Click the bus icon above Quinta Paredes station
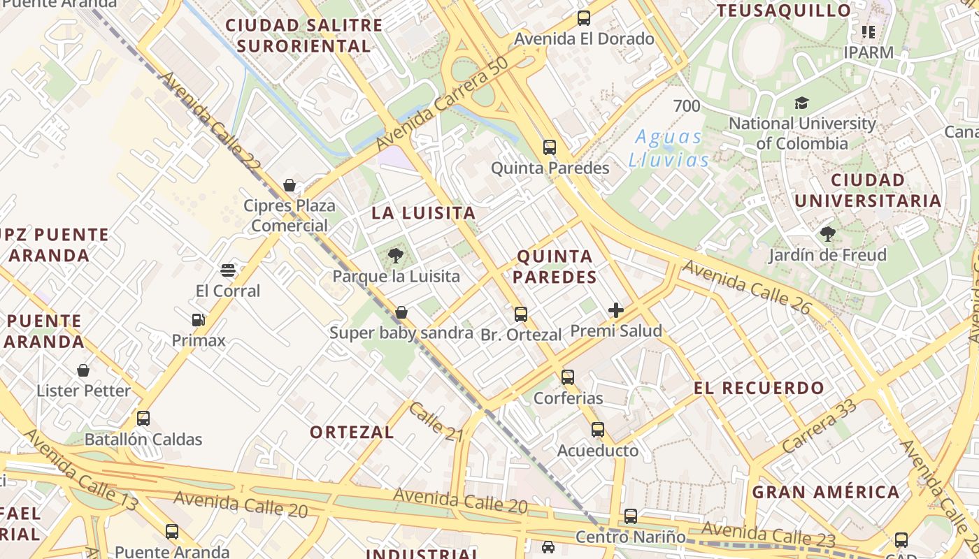pos(550,147)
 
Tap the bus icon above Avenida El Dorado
pos(584,18)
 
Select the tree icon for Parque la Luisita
pos(396,255)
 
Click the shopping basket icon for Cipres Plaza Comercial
pos(290,185)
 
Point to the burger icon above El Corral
pos(227,270)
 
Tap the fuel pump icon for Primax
pos(199,320)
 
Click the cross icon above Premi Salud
pos(616,310)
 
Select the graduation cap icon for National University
pos(801,103)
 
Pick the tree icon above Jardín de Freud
pos(828,234)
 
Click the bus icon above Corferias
pos(568,377)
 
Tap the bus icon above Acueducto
pos(597,430)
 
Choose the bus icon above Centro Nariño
pos(631,516)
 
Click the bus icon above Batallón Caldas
pos(143,419)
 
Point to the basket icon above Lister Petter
pos(83,370)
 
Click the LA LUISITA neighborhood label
pos(423,213)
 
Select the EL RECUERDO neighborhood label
pos(759,388)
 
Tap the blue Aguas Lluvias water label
pos(669,148)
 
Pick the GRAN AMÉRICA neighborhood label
pos(826,492)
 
